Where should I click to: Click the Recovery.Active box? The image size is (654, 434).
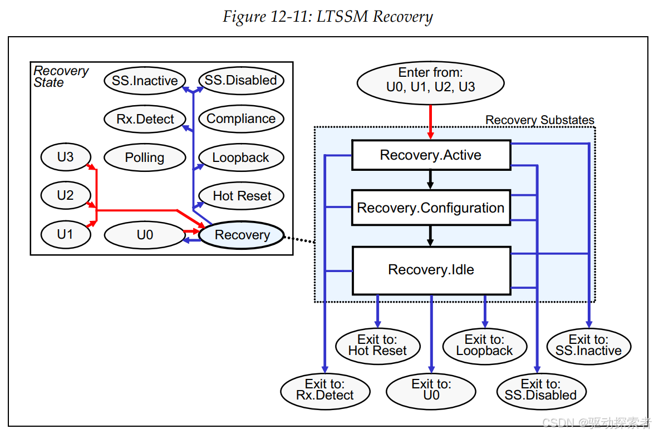coord(431,155)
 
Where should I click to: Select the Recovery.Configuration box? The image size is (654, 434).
coord(431,208)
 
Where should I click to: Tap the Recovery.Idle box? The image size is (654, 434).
coord(431,270)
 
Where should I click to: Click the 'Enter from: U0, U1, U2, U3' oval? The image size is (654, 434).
coord(430,83)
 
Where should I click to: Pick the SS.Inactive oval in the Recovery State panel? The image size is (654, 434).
coord(145,81)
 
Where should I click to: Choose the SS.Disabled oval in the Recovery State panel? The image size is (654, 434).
coord(241,81)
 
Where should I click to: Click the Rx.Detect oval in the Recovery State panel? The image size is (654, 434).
coord(145,119)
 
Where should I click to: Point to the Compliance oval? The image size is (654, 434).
coord(241,119)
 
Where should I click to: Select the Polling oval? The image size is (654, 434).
coord(145,157)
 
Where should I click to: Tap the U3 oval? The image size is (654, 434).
coord(66,157)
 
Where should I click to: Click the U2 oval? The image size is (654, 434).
coord(66,195)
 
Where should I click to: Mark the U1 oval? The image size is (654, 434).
coord(66,234)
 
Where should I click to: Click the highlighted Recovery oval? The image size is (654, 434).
coord(242,235)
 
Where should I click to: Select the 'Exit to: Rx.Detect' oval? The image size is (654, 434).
coord(325,391)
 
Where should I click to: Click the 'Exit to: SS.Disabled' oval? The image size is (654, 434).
coord(541,391)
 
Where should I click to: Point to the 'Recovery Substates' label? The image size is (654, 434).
coord(540,120)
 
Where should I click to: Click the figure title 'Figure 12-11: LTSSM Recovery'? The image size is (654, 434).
coord(328,17)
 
